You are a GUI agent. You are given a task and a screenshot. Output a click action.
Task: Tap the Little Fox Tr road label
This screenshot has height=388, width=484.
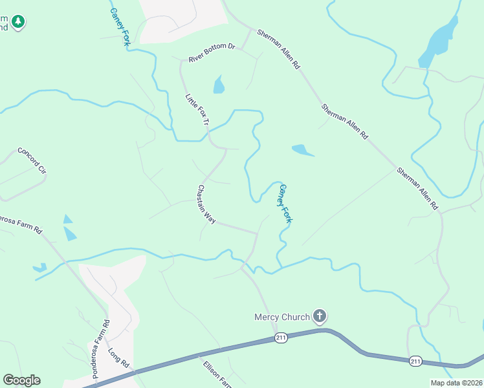click(x=198, y=111)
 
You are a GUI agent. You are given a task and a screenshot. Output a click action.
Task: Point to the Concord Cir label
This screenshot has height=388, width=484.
click(x=32, y=161)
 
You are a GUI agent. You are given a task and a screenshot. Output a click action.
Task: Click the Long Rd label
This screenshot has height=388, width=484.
click(x=119, y=359)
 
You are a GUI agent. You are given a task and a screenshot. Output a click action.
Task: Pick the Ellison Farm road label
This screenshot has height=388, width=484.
click(x=214, y=372)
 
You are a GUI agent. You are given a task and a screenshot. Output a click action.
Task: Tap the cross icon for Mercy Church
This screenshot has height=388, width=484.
click(x=319, y=316)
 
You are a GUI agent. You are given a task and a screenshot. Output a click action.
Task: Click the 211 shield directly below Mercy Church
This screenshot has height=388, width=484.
click(x=280, y=338)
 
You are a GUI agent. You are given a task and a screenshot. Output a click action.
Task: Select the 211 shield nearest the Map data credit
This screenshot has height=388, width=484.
click(x=416, y=361)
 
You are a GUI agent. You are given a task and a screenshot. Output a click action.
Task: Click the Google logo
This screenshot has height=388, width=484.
click(x=21, y=380)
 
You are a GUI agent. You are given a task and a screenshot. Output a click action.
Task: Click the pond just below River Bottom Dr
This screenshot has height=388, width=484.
click(x=219, y=85)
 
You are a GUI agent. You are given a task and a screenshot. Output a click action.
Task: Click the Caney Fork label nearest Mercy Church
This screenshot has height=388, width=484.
click(x=285, y=203)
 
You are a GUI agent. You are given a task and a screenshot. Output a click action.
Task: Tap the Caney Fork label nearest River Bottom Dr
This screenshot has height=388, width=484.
click(x=120, y=22)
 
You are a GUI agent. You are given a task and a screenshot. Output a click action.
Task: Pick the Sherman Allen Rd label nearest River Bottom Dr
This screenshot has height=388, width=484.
click(x=279, y=49)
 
